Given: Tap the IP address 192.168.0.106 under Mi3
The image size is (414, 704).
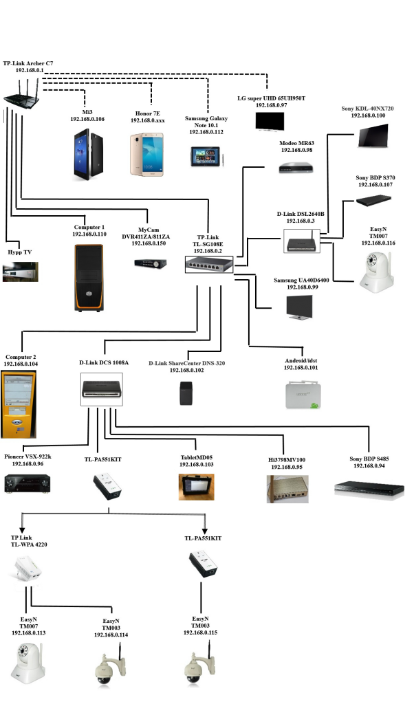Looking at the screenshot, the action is point(87,119).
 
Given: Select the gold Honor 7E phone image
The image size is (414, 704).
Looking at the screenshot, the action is point(147,154).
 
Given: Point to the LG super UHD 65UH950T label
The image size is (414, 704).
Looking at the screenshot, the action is point(271,98).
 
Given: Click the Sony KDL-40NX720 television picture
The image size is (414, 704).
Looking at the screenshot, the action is point(373,135).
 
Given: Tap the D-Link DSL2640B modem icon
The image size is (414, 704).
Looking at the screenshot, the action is point(301,241).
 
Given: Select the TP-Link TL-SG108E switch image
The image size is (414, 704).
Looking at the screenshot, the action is point(209,265).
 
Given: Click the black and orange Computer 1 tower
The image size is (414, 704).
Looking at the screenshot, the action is point(89,278).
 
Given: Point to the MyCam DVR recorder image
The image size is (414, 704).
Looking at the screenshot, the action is point(151,263).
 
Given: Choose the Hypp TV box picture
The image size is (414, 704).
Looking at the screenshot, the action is point(20,272).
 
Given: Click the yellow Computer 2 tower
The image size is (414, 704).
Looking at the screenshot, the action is point(19,404).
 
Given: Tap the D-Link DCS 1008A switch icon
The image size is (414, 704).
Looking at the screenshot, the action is point(102,389).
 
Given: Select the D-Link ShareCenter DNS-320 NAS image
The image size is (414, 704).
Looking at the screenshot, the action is point(186,393).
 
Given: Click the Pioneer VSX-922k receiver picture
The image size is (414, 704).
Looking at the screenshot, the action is point(28,483).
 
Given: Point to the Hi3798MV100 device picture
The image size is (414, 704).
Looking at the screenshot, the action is point(287,489).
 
